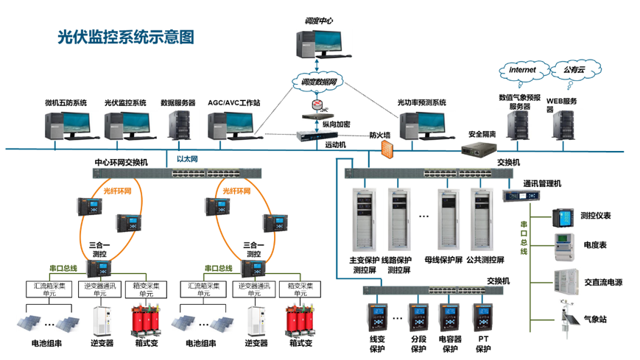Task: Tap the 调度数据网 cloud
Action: (x=318, y=82)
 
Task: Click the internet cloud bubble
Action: (x=527, y=70)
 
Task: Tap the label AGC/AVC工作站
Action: (x=233, y=103)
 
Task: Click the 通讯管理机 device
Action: (x=520, y=197)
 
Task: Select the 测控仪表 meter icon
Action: (x=564, y=217)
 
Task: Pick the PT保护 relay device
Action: (x=483, y=317)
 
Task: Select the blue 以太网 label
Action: (x=188, y=158)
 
